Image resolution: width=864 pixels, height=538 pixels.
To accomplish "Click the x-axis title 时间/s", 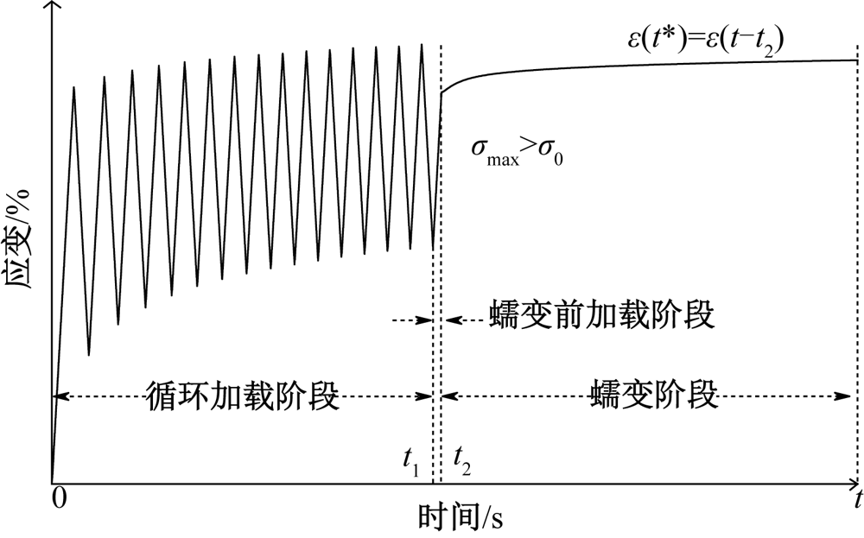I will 461,517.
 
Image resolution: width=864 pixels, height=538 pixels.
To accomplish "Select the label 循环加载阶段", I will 242,396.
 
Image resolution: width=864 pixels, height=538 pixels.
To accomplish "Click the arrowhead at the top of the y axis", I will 52,7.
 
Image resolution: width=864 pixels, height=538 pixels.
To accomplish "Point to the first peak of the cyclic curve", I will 74,86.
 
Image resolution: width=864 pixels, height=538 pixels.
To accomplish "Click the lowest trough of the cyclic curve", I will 89,354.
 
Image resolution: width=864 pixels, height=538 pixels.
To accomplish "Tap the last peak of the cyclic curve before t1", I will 422,44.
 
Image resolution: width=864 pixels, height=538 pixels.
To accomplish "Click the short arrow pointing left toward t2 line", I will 449,320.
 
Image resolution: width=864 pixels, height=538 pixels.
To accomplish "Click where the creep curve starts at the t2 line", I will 442,92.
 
